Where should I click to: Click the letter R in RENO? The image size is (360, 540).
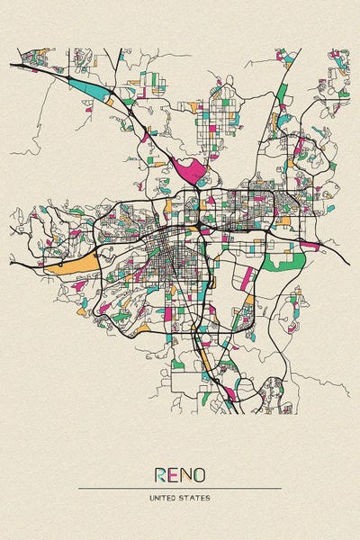point(160,473)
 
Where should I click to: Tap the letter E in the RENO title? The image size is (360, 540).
point(173,473)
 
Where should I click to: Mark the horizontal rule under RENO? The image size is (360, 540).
point(180,488)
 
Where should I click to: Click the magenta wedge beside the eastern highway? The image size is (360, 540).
point(310,244)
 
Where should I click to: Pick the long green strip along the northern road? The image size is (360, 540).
point(282,93)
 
